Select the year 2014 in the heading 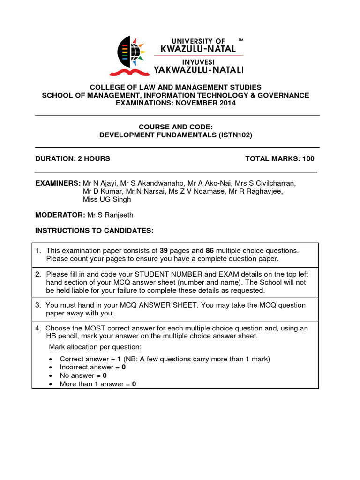coord(221,103)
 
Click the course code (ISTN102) coord(235,135)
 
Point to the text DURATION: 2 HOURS coord(73,158)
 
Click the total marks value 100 coord(308,158)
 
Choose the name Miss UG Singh coord(107,199)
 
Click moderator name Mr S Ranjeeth coord(113,215)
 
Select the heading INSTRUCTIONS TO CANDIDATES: coord(94,231)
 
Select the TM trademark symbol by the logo coord(241,41)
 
